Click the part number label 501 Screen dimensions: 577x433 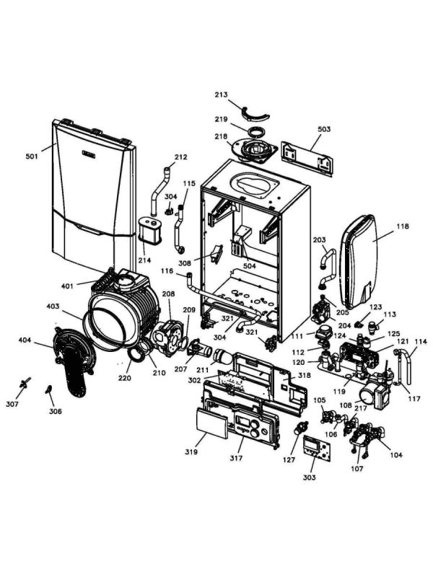(x=32, y=156)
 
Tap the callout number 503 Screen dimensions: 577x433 (x=324, y=129)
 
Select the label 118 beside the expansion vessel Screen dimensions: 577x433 (x=402, y=226)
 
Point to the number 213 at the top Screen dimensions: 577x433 (x=221, y=94)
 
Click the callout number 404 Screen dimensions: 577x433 (x=25, y=340)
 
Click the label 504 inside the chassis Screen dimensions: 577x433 (x=250, y=266)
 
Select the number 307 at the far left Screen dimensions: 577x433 (x=12, y=404)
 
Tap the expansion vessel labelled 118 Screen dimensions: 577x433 (x=368, y=260)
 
